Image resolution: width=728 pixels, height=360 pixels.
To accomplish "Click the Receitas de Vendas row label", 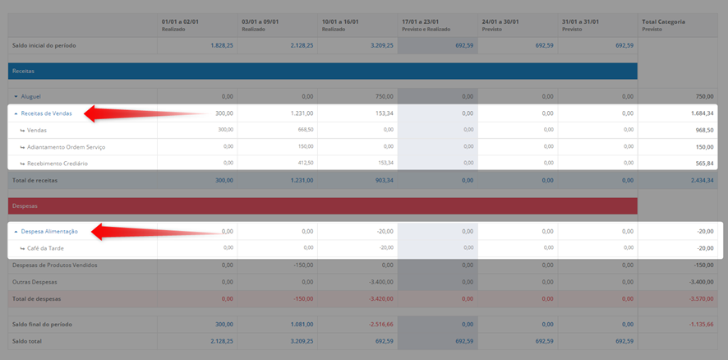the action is (47, 113).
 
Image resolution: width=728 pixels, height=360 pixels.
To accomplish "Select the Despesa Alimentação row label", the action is (49, 231).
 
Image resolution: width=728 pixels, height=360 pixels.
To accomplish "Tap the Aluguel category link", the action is (30, 97).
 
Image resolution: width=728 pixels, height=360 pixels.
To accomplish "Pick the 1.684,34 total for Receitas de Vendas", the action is (702, 113).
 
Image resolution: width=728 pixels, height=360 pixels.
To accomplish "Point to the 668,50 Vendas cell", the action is (306, 130).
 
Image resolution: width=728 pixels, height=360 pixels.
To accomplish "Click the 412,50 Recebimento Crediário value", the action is (306, 163).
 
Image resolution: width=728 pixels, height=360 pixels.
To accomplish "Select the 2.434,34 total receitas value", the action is (702, 180).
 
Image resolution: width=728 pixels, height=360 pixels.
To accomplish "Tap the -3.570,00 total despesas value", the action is (701, 298).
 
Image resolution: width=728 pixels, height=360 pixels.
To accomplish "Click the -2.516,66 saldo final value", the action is (381, 324).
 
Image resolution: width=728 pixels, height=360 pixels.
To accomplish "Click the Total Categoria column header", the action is (663, 22).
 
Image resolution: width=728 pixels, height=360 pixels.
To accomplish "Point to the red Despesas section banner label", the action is (25, 205).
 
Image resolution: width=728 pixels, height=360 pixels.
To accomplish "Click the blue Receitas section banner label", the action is (23, 71).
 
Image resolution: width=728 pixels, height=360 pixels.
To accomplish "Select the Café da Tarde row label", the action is (45, 248).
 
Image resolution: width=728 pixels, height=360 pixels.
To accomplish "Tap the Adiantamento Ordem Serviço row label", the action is (67, 147).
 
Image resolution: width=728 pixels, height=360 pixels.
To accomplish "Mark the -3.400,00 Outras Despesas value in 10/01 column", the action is (381, 282).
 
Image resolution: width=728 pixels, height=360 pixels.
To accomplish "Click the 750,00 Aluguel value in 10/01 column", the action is (385, 97).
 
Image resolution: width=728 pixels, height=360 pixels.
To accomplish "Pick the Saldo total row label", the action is (27, 341).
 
